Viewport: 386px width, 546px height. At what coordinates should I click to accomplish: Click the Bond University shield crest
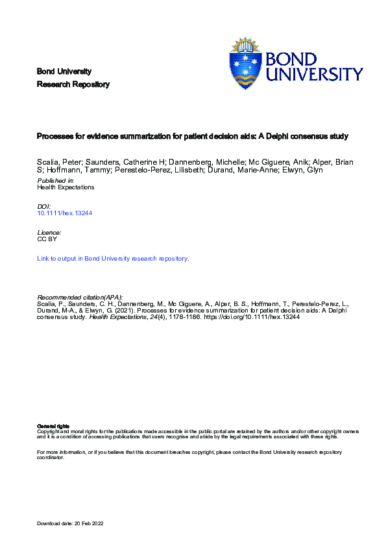(x=246, y=64)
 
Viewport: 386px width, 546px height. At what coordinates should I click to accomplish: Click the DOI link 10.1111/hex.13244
(x=65, y=213)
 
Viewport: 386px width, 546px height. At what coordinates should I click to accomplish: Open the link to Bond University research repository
(x=114, y=259)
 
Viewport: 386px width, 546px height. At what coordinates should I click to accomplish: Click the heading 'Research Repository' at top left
(x=73, y=84)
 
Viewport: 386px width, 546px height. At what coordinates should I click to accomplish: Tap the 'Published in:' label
(x=56, y=180)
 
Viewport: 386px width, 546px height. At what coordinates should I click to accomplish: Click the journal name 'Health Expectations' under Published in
(x=66, y=187)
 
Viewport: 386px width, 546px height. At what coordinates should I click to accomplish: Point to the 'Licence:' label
(x=50, y=232)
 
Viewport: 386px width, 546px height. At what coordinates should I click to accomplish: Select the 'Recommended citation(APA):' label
(x=80, y=296)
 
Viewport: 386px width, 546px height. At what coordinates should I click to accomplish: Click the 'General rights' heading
(x=53, y=425)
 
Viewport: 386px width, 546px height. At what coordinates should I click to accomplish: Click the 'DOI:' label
(x=44, y=206)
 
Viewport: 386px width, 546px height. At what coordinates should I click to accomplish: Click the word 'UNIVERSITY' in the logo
(x=315, y=74)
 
